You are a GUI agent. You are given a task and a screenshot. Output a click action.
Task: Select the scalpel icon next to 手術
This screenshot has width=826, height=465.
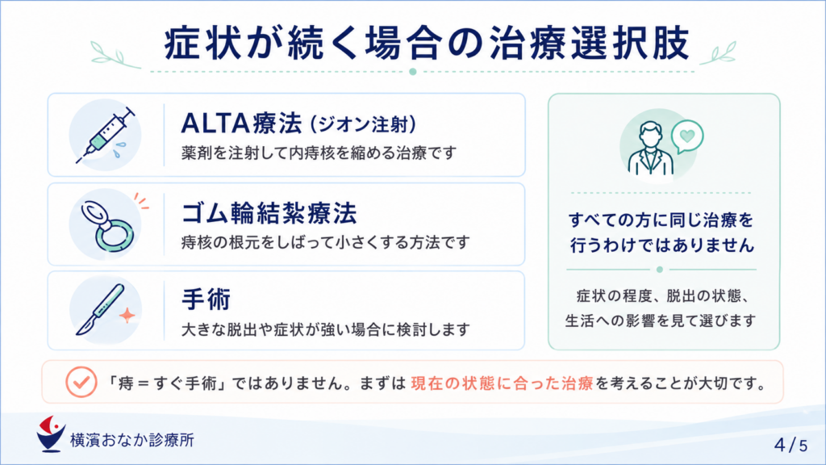coord(101,309)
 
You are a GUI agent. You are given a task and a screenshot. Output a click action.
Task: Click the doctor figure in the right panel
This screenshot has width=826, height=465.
coord(651,149)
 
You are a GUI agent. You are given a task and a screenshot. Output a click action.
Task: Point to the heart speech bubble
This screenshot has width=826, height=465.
coord(687,136)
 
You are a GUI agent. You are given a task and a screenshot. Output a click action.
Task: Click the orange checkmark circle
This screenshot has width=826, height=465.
coord(81,382)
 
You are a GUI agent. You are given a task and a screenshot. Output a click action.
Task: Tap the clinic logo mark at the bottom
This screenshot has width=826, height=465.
coord(51,434)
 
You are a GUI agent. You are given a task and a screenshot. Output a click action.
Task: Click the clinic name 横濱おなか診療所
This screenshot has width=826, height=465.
coord(132,440)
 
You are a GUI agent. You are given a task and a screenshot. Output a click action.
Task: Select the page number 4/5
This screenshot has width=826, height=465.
coord(791,445)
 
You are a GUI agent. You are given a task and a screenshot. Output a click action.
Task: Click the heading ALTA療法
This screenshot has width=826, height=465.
coord(241,124)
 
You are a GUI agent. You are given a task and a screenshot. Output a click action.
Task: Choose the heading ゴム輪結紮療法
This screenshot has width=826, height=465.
coord(269,213)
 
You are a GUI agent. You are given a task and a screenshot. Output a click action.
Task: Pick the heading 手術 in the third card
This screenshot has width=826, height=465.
coord(206,300)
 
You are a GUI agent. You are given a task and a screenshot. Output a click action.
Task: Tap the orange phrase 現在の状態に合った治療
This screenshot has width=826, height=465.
coord(502,383)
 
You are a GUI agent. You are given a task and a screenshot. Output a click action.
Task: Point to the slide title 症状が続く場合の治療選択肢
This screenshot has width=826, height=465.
coord(427,44)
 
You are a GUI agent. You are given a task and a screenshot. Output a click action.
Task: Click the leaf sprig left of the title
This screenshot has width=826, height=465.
coord(115,55)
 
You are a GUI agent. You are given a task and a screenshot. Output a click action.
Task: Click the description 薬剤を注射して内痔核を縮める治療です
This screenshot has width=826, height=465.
coord(319,153)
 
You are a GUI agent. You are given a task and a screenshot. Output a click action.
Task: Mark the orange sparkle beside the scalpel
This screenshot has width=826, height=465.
coord(127,315)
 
